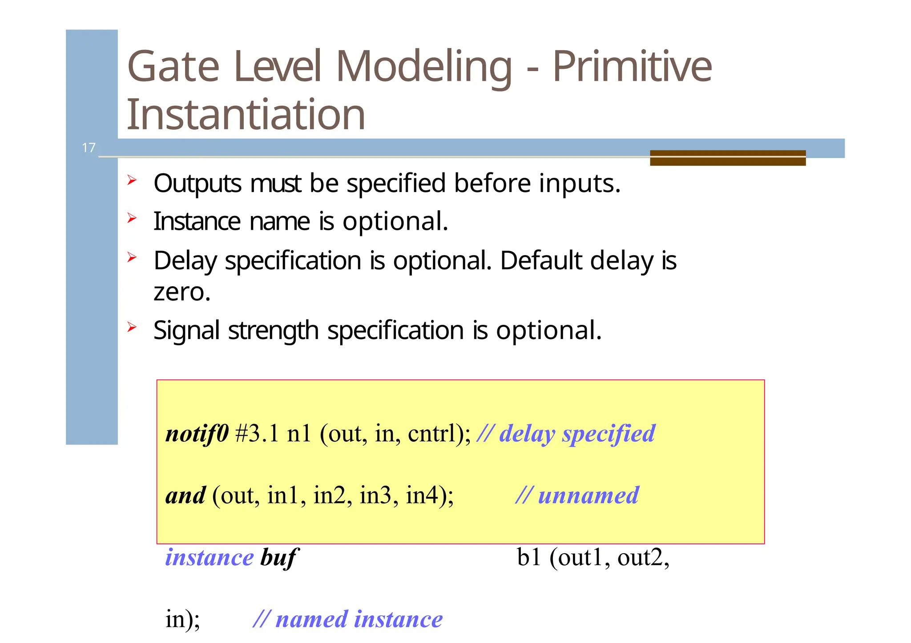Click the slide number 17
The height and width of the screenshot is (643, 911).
89,148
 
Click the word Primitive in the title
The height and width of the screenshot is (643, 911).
632,67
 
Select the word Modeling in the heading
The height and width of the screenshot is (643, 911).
424,67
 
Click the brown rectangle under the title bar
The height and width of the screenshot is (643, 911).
727,158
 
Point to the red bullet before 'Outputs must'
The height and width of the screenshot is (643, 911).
132,180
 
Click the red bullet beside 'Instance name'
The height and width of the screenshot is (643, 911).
132,218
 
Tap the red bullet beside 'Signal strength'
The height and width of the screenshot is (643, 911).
132,327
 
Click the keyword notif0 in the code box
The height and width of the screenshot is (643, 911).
197,433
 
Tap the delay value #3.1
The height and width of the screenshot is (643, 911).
257,433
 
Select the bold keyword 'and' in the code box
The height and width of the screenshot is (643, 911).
185,495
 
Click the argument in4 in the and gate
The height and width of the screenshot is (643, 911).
422,495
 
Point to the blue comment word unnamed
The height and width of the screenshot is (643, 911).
588,495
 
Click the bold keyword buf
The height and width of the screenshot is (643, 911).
278,557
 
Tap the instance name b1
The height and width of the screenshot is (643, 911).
528,557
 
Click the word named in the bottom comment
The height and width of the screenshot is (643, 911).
311,619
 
